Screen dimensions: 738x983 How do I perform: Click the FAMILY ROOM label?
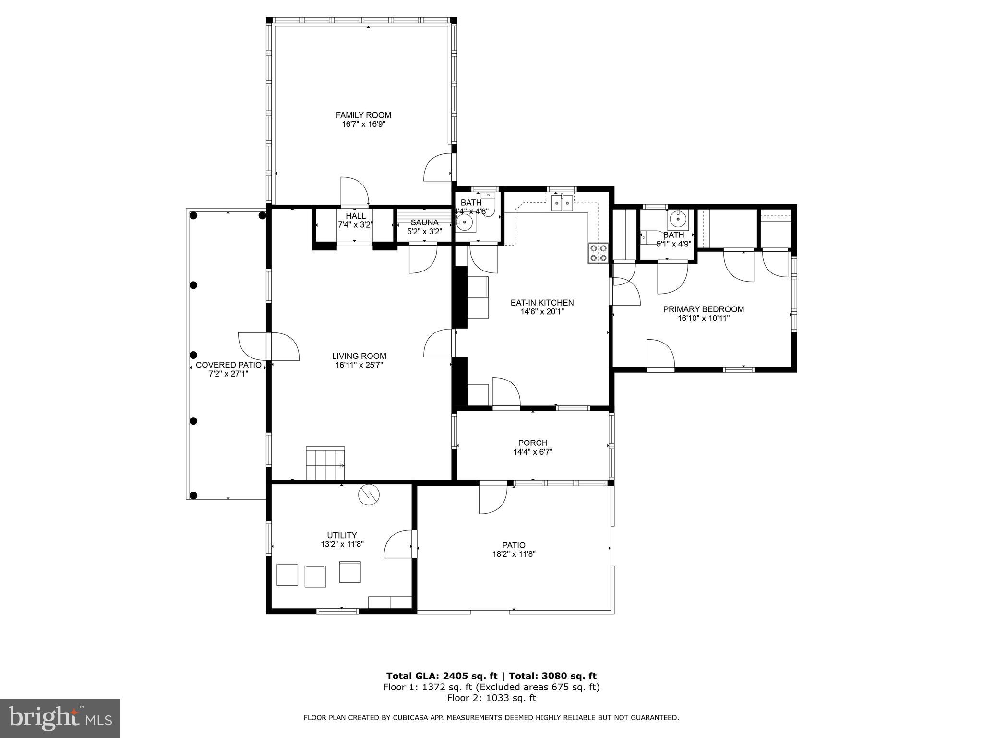[x=363, y=115]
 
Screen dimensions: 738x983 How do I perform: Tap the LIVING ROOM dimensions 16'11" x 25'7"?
[x=359, y=365]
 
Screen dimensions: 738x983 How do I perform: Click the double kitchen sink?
[x=562, y=203]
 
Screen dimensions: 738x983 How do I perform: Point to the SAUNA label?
[x=424, y=222]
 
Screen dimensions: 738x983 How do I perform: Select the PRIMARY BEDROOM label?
[x=703, y=309]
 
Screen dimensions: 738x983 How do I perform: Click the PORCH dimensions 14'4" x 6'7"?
[x=533, y=452]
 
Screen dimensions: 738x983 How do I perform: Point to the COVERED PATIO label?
[x=228, y=365]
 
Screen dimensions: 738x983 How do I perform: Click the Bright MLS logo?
[x=60, y=718]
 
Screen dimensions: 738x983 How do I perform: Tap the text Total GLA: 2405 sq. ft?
[x=442, y=676]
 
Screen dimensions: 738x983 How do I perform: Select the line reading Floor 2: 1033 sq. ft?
[x=491, y=698]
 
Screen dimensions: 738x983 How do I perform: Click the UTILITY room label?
[x=342, y=535]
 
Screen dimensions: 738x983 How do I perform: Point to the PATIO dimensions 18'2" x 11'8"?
[x=514, y=554]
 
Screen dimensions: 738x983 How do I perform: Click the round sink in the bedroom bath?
[x=677, y=219]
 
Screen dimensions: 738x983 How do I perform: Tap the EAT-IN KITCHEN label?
[x=542, y=303]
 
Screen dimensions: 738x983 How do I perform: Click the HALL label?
[x=355, y=216]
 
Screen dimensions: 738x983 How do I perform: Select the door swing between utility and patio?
[x=398, y=544]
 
